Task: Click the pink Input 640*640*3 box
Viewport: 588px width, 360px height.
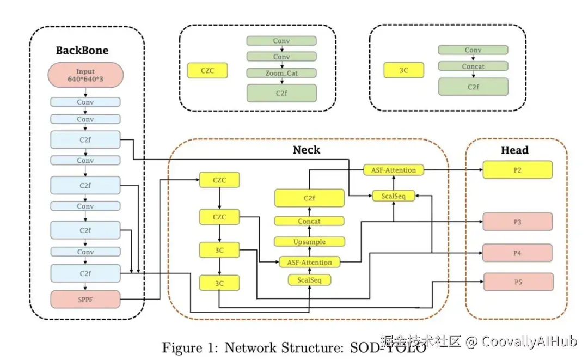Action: tap(85, 75)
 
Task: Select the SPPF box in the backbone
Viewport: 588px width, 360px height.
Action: tap(85, 298)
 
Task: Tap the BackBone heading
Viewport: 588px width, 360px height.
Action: tap(82, 51)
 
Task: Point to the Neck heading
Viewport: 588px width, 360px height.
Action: tap(307, 149)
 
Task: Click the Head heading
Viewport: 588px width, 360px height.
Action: tap(514, 150)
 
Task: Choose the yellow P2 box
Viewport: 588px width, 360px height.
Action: tap(517, 170)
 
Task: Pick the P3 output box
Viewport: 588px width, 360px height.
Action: tap(517, 222)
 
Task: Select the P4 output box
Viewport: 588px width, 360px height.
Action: tap(517, 253)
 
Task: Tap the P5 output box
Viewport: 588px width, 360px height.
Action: tap(517, 282)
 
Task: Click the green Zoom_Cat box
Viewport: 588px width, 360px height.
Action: tap(281, 73)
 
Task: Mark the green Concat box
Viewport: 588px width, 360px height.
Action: tap(473, 66)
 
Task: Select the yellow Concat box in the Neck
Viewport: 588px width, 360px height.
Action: tap(309, 221)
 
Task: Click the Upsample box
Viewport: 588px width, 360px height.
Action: tap(309, 241)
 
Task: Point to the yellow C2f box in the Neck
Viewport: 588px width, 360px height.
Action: tap(309, 198)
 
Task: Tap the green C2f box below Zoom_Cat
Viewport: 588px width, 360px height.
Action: tap(281, 93)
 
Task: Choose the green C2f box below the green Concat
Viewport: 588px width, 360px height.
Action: tap(473, 87)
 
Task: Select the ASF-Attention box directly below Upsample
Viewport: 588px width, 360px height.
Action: tap(309, 262)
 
